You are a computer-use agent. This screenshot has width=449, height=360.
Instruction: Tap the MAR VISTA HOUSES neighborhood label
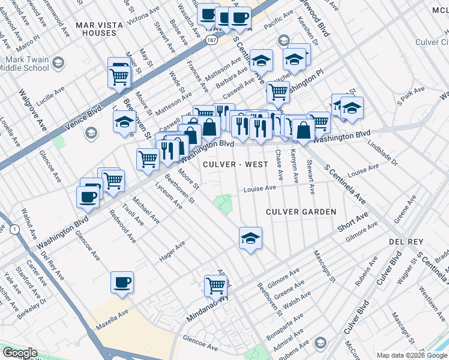coord(95,29)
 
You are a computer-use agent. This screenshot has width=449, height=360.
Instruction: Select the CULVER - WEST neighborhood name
coord(235,164)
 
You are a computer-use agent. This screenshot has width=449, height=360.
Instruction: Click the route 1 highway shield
coord(13,229)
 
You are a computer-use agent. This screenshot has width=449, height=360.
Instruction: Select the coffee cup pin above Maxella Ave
coord(122,282)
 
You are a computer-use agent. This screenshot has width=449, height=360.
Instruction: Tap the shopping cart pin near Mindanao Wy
coord(215,285)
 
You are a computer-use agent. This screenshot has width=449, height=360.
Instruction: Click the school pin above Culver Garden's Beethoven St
coord(250,238)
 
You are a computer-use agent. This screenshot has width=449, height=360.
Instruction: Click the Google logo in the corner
coord(20,353)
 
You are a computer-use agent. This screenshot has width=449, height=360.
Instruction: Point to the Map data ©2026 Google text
coord(411,355)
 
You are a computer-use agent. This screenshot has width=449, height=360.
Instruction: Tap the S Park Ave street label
coord(412,95)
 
